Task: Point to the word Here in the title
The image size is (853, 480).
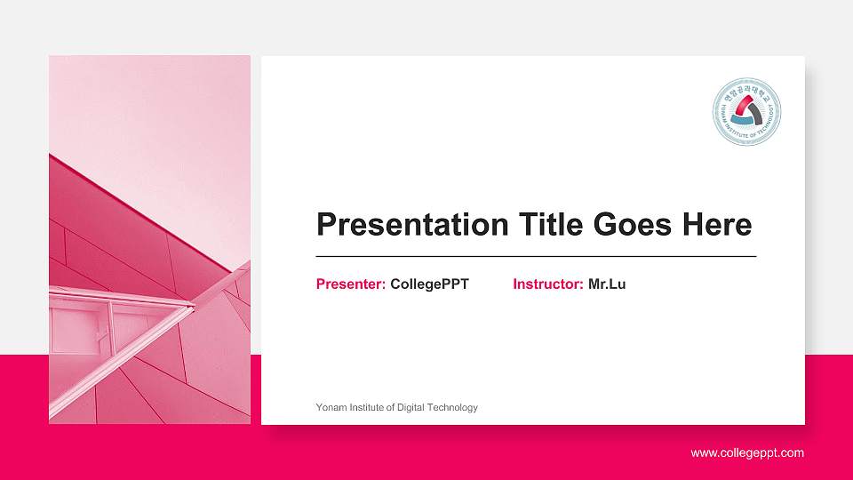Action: pyautogui.click(x=717, y=225)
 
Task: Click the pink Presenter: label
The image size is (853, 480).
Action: pyautogui.click(x=351, y=284)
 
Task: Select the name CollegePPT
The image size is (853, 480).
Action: pyautogui.click(x=429, y=284)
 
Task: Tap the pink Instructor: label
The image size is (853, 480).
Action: pyautogui.click(x=548, y=284)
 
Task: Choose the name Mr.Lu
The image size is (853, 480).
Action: pyautogui.click(x=607, y=284)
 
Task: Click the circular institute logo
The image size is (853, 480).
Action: pyautogui.click(x=746, y=111)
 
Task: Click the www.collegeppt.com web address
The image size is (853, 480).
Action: pyautogui.click(x=747, y=453)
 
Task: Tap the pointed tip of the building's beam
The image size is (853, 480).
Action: pyautogui.click(x=193, y=307)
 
